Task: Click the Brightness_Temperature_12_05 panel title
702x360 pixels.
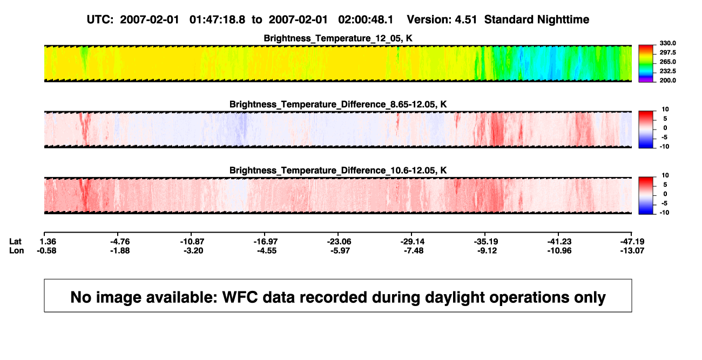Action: click(338, 38)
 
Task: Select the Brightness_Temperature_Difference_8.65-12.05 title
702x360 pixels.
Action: click(338, 104)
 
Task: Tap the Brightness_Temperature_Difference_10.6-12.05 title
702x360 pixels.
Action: click(338, 171)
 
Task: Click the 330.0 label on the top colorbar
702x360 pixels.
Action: click(667, 43)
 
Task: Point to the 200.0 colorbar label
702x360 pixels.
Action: click(667, 80)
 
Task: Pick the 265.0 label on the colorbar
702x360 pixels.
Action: click(667, 62)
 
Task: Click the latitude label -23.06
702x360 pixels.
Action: click(339, 242)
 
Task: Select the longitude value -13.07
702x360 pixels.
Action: click(632, 250)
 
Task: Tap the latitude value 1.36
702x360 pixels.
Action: click(48, 242)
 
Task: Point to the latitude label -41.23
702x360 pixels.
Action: click(559, 242)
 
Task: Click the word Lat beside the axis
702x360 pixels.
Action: click(15, 242)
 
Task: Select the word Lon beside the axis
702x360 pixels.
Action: click(17, 250)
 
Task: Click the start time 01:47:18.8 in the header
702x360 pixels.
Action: click(217, 19)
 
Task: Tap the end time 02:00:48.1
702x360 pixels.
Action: click(366, 19)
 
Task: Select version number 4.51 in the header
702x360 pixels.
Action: click(465, 19)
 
